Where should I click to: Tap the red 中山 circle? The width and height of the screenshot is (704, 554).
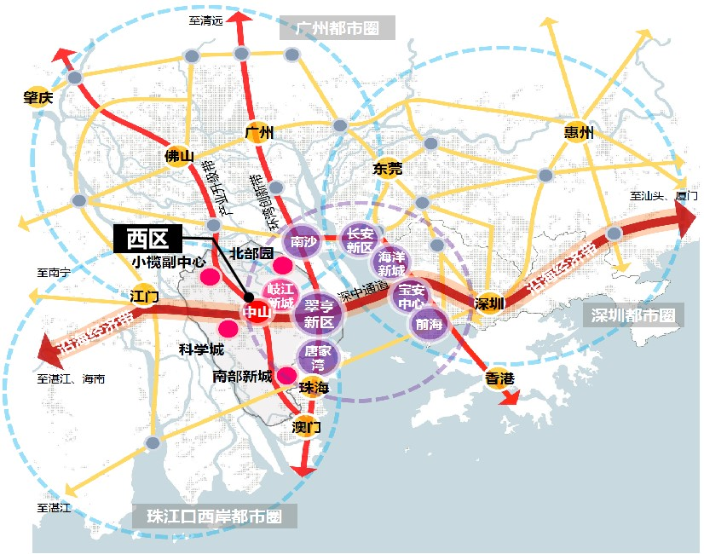pos(257,312)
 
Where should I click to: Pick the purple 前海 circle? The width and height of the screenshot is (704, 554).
pos(429,323)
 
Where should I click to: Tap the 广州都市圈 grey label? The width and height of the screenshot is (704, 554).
pos(338,29)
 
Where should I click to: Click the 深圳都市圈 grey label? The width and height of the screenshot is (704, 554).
pos(635,315)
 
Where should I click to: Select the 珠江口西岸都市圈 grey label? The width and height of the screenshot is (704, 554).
pos(214,516)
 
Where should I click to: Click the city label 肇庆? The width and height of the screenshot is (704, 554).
pos(38,98)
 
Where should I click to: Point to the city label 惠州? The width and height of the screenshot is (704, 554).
pos(579,132)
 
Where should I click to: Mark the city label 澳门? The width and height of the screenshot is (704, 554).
pos(306,427)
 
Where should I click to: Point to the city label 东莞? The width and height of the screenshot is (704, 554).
pos(388,169)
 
